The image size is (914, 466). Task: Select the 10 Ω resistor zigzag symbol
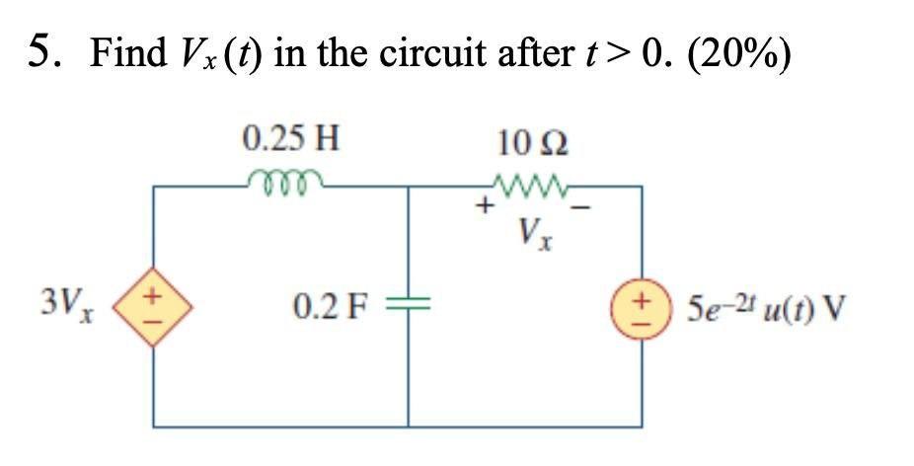pyautogui.click(x=533, y=185)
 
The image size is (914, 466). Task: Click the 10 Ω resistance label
pyautogui.click(x=533, y=144)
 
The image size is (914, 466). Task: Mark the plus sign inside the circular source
pyautogui.click(x=644, y=296)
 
